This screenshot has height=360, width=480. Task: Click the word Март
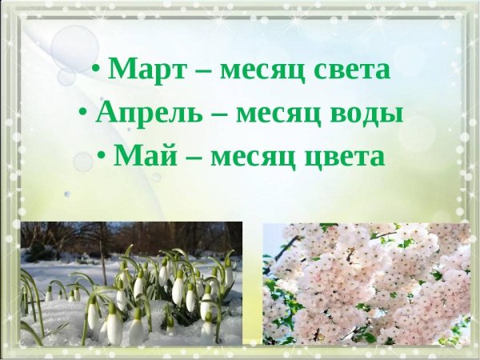[145, 70]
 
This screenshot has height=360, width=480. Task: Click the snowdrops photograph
[131, 283]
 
